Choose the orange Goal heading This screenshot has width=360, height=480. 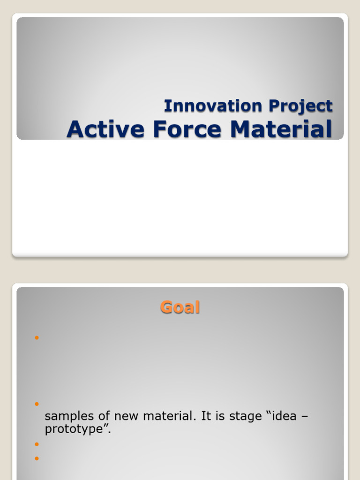[x=180, y=307]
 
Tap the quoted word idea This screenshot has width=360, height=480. [x=283, y=416]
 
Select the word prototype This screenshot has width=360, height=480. [x=76, y=428]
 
